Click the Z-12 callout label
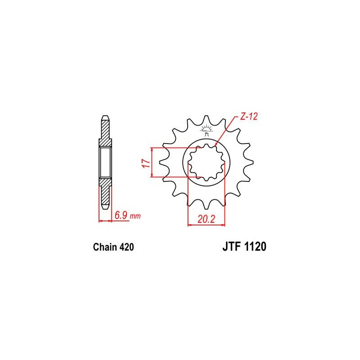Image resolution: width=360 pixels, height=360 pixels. click(x=249, y=117)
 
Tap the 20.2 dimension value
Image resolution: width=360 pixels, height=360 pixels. click(x=206, y=219)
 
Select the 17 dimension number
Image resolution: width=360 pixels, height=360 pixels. click(x=146, y=163)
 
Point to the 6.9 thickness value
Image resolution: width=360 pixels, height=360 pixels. click(x=121, y=216)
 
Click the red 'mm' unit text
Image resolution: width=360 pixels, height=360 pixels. click(x=135, y=216)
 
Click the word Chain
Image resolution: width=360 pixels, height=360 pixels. click(x=105, y=247)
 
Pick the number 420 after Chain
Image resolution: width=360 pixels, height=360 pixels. click(x=126, y=247)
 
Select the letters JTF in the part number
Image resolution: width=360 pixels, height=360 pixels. click(x=231, y=247)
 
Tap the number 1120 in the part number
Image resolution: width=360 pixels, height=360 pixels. click(x=255, y=247)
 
